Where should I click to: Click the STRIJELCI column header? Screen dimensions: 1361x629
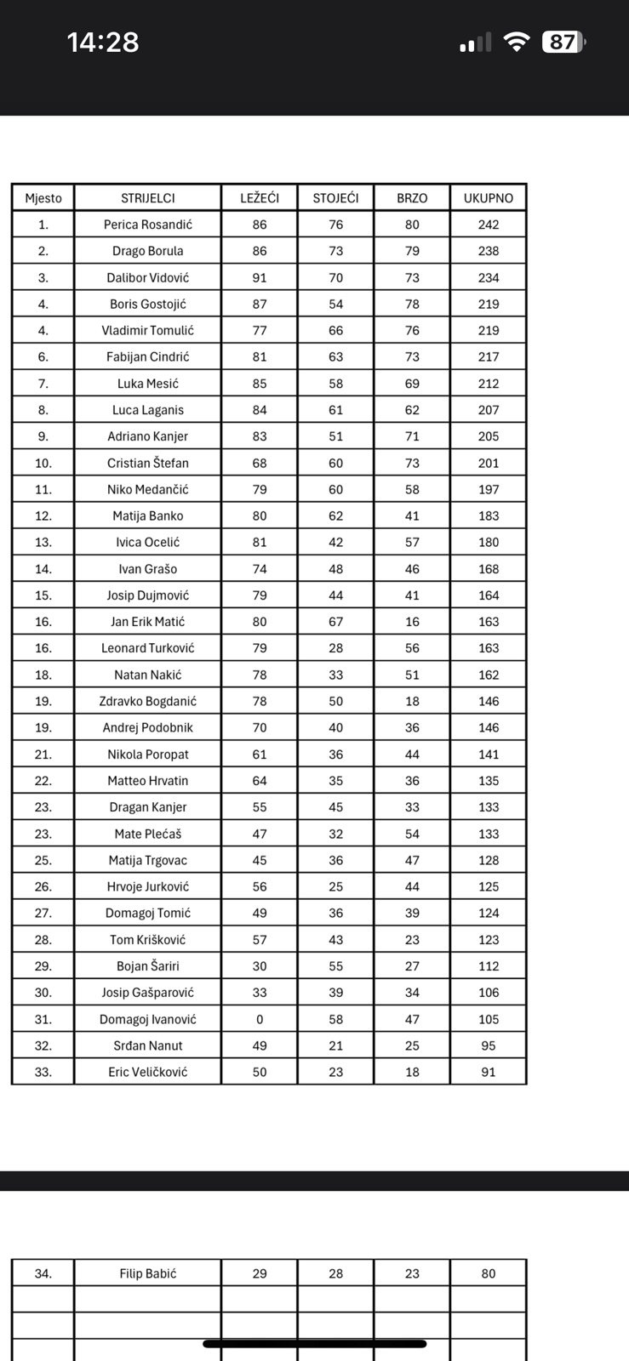coord(147,198)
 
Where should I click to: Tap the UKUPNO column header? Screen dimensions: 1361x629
coord(489,198)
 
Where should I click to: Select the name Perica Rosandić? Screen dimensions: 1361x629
coord(147,225)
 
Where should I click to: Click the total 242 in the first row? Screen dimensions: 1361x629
coord(489,225)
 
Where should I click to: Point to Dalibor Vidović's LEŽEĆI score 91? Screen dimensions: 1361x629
coord(260,277)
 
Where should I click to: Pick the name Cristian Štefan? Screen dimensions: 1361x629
coord(147,463)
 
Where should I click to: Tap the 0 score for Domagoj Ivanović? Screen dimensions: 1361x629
coord(260,1019)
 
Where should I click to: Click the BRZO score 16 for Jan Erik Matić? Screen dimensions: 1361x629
coord(412,622)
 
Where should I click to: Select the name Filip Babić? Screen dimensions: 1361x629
coord(147,1273)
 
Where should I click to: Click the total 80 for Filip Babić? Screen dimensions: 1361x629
coord(489,1273)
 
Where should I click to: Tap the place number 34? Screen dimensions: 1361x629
coord(43,1273)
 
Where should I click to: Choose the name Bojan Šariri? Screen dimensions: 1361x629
coord(147,966)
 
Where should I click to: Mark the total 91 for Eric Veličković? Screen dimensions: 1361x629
coord(489,1072)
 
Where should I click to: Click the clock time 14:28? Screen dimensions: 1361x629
coord(103,43)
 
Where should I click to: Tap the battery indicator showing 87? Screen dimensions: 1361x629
coord(563,42)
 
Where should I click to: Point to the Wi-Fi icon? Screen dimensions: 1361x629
coord(516,42)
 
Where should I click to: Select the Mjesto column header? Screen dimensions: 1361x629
coord(43,198)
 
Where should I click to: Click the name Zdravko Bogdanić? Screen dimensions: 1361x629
coord(147,701)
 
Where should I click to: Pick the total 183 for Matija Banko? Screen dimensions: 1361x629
coord(489,515)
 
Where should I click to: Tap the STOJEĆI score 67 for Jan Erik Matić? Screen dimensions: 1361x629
coord(336,622)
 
